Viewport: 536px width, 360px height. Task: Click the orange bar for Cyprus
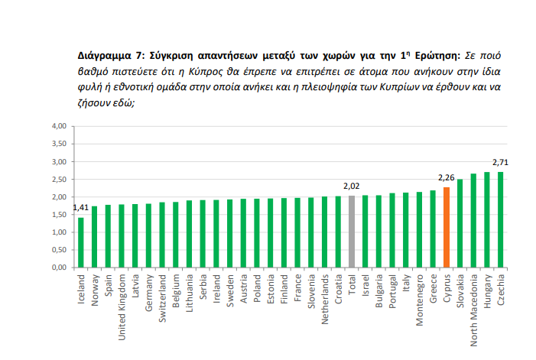446,228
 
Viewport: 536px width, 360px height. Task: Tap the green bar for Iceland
80,242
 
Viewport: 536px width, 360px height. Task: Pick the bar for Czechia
501,220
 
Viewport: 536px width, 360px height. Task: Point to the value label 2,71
501,163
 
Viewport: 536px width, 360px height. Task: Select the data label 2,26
446,178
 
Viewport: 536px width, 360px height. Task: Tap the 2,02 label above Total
352,186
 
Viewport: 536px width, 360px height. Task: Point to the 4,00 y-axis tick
59,126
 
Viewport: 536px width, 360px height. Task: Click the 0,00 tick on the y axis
59,268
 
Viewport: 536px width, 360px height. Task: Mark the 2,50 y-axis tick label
59,180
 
